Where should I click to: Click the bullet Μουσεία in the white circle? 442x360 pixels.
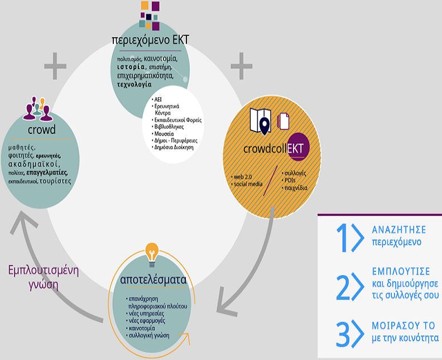pyautogui.click(x=165, y=135)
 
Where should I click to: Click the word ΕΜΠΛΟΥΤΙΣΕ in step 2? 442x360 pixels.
pyautogui.click(x=401, y=271)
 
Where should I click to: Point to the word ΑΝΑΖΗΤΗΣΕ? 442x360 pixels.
pyautogui.click(x=398, y=230)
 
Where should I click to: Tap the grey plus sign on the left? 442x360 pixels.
pyautogui.click(x=55, y=66)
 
